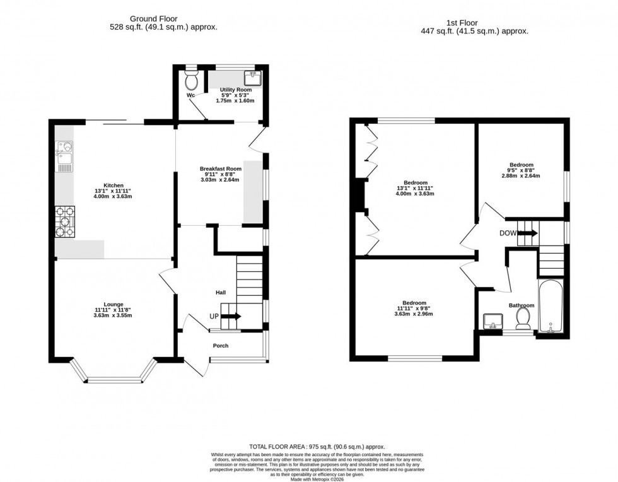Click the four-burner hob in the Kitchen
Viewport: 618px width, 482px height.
pyautogui.click(x=64, y=222)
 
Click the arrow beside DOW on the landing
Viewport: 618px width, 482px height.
pyautogui.click(x=528, y=233)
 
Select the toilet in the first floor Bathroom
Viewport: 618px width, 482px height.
pyautogui.click(x=522, y=322)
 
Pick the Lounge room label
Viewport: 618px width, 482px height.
pyautogui.click(x=114, y=304)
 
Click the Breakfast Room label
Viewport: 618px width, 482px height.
pyautogui.click(x=221, y=169)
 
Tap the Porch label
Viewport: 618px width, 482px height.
pyautogui.click(x=221, y=346)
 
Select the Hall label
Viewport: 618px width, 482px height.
pyautogui.click(x=221, y=293)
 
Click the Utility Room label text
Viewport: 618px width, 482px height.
pyautogui.click(x=235, y=90)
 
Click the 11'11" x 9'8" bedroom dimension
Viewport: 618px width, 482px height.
pyautogui.click(x=414, y=309)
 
